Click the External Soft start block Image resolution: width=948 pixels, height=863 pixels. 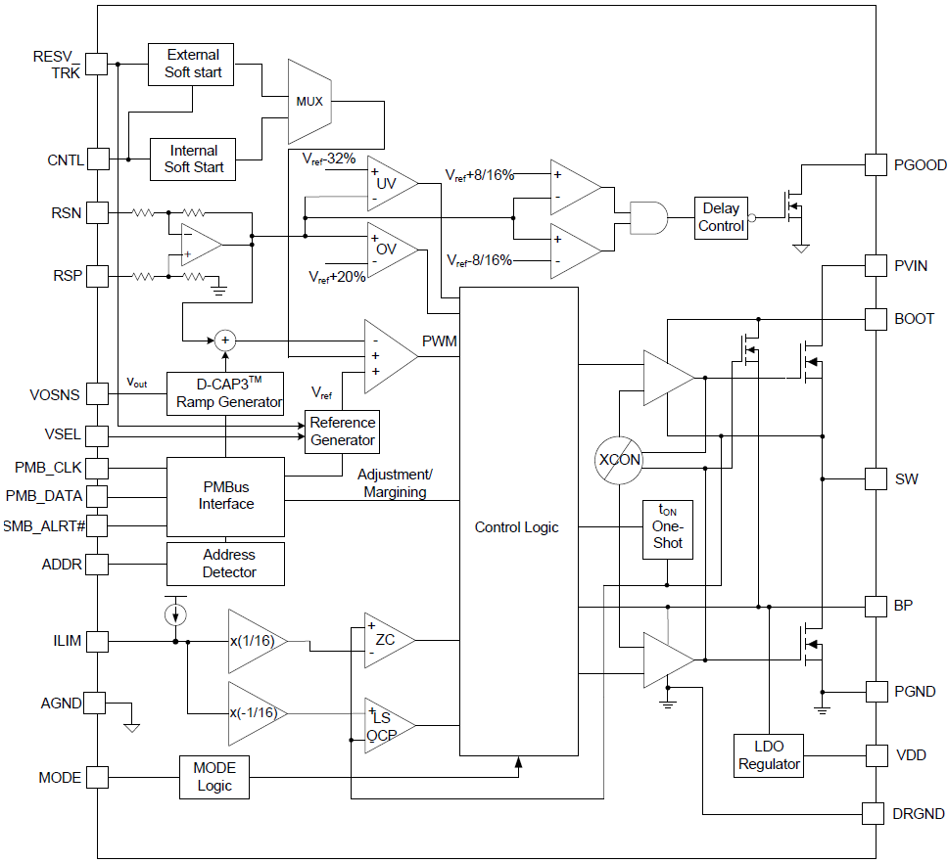pos(193,64)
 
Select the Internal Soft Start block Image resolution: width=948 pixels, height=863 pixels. pos(193,159)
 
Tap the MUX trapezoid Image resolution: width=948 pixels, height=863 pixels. pos(310,101)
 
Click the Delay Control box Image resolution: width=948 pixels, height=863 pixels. pos(722,217)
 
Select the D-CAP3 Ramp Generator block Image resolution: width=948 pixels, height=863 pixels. pos(226,393)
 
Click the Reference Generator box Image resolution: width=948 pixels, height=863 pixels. pos(342,431)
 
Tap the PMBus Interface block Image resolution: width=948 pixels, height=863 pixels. pos(226,496)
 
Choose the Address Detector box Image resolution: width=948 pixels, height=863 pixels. pos(226,564)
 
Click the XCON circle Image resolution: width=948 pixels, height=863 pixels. pos(619,460)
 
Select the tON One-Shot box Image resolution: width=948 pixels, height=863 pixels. pos(667,528)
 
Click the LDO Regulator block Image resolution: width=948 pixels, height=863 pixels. pos(769,755)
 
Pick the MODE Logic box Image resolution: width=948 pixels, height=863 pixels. pos(214,778)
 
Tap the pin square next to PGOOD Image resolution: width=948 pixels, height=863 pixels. pos(877,165)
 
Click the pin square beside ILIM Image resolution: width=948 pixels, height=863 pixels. pos(96,642)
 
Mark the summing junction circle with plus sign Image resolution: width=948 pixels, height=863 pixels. pos(226,340)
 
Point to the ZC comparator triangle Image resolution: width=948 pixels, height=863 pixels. pos(386,641)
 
